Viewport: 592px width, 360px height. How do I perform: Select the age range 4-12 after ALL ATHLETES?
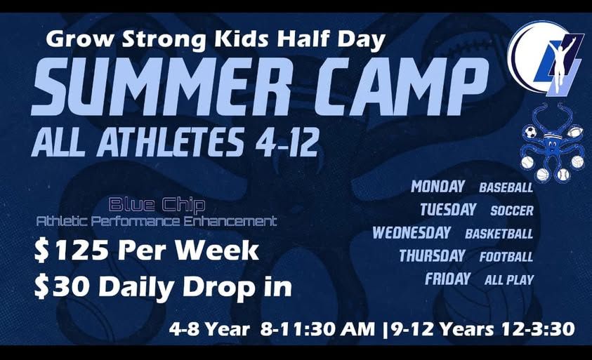287,144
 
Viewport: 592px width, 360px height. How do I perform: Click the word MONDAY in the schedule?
438,187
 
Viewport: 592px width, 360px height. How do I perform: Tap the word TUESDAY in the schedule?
448,209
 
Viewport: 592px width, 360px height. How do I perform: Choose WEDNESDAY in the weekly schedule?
412,232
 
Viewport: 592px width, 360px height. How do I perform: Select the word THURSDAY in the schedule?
432,256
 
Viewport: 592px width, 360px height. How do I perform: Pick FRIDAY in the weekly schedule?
448,279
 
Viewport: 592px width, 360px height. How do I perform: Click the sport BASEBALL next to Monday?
506,187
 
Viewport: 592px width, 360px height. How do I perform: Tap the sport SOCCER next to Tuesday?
512,211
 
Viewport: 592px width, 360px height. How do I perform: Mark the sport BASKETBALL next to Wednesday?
499,234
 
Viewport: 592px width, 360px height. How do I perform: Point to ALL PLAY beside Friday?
509,280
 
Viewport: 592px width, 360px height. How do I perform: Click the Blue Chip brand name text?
157,204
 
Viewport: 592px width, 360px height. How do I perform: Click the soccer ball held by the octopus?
530,133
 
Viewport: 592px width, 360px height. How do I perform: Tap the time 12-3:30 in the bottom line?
538,329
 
